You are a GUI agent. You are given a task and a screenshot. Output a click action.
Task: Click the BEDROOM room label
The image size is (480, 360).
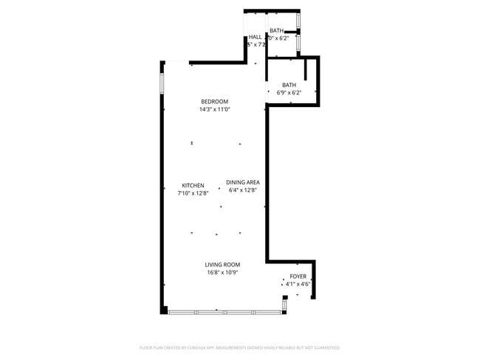point(214,102)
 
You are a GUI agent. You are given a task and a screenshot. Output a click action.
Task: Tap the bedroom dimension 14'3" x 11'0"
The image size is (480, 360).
point(214,109)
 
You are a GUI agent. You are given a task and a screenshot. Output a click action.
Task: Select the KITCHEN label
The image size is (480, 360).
point(193,186)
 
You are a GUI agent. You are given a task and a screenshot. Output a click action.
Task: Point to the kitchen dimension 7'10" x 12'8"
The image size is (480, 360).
point(193,193)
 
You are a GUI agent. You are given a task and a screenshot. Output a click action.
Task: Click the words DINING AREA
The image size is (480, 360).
point(243,182)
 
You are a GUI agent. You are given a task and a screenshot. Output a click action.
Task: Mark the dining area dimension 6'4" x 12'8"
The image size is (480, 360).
point(243,190)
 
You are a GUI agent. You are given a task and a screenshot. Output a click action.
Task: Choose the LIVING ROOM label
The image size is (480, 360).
point(222,265)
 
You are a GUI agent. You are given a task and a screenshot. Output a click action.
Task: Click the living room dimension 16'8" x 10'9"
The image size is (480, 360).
point(222,272)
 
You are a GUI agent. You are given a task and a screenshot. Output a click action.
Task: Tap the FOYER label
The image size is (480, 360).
point(298,276)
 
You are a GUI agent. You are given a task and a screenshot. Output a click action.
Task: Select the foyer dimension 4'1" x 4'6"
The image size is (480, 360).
point(298,283)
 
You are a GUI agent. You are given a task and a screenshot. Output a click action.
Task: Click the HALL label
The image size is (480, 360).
point(255,37)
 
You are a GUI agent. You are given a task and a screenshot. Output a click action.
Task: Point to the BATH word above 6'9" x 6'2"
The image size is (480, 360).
point(289,85)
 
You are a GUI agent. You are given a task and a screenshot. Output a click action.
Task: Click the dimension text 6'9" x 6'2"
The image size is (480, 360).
point(289,93)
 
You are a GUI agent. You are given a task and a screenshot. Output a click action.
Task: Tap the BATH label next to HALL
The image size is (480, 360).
point(276,30)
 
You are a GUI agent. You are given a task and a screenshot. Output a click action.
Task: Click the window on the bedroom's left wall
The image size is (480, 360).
point(162,82)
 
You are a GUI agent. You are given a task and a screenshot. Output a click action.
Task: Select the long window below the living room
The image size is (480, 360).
point(225,312)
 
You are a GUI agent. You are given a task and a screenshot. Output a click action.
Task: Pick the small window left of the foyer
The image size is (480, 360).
point(284,304)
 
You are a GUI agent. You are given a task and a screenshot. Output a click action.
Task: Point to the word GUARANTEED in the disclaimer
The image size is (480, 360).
point(324,347)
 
